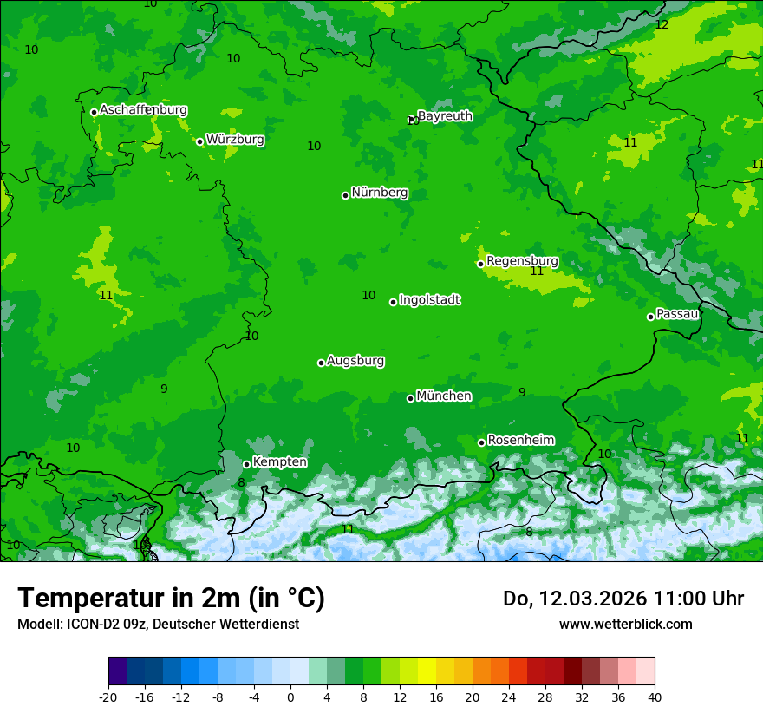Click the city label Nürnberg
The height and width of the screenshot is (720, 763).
[x=380, y=193]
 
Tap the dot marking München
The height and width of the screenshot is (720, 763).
[x=411, y=398]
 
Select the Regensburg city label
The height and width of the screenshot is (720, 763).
[x=522, y=260]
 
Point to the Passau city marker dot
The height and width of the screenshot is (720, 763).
[x=650, y=317]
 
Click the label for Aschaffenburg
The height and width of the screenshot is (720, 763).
[x=143, y=110]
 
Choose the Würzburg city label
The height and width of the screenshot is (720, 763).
[x=235, y=139]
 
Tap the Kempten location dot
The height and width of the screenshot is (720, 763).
[x=246, y=464]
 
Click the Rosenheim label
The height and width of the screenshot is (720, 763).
[x=520, y=440]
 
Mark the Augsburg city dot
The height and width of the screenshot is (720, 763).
[x=321, y=363]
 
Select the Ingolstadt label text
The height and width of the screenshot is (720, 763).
[x=429, y=300]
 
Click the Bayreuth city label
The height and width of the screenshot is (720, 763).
[x=445, y=115]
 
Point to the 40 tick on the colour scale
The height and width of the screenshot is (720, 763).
[x=655, y=697]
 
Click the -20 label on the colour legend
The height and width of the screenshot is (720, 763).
[x=108, y=697]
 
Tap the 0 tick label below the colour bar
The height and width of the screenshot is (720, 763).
[x=290, y=697]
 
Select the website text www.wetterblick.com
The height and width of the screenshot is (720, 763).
[x=625, y=624]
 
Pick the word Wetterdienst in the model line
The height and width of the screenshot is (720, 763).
[x=256, y=624]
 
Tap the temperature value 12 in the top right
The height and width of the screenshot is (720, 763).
[x=662, y=24]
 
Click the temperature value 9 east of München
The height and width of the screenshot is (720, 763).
[x=522, y=392]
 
